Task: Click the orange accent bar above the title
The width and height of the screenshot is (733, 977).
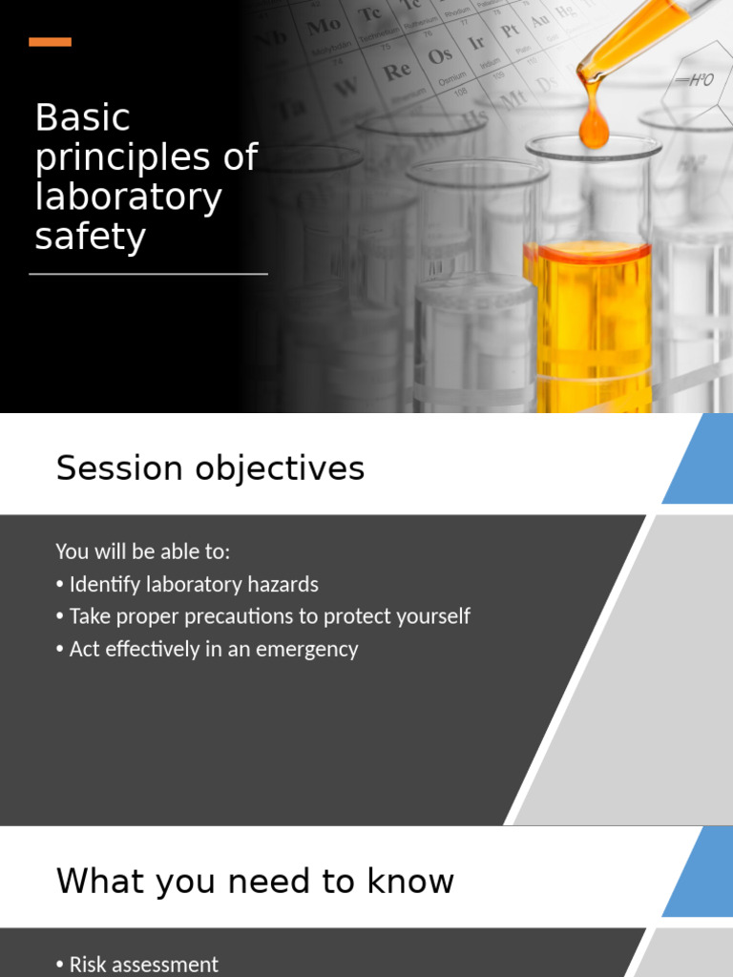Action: pos(50,42)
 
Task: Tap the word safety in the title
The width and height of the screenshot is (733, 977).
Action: pos(90,237)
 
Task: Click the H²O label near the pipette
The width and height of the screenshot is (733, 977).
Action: pos(695,80)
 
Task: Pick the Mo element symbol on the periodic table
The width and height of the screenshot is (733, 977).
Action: pos(324,27)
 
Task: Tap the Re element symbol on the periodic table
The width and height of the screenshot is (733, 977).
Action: pos(396,71)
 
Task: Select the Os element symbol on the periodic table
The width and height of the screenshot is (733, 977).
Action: pos(440,55)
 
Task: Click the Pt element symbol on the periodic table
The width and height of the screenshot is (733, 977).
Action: pos(511,29)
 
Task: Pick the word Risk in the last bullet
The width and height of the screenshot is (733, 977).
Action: pos(88,965)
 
